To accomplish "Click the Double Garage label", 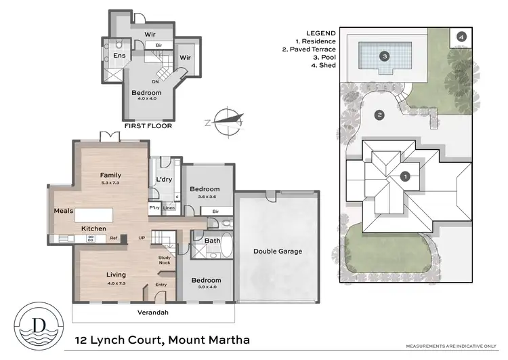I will tap(278, 251).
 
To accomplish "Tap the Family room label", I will tap(110, 175).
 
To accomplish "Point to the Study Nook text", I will tap(165, 260).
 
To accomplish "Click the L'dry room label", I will tap(163, 179).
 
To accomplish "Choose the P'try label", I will tap(154, 207).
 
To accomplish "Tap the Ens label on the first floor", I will tap(119, 56).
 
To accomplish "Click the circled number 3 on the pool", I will tap(384, 56).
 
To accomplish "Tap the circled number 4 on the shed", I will tap(461, 37).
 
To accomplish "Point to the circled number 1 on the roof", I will tap(405, 177).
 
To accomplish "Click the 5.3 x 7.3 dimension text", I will tap(110, 183).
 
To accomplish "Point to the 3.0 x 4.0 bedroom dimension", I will tap(205, 288).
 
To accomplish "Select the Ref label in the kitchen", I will tap(114, 238).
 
